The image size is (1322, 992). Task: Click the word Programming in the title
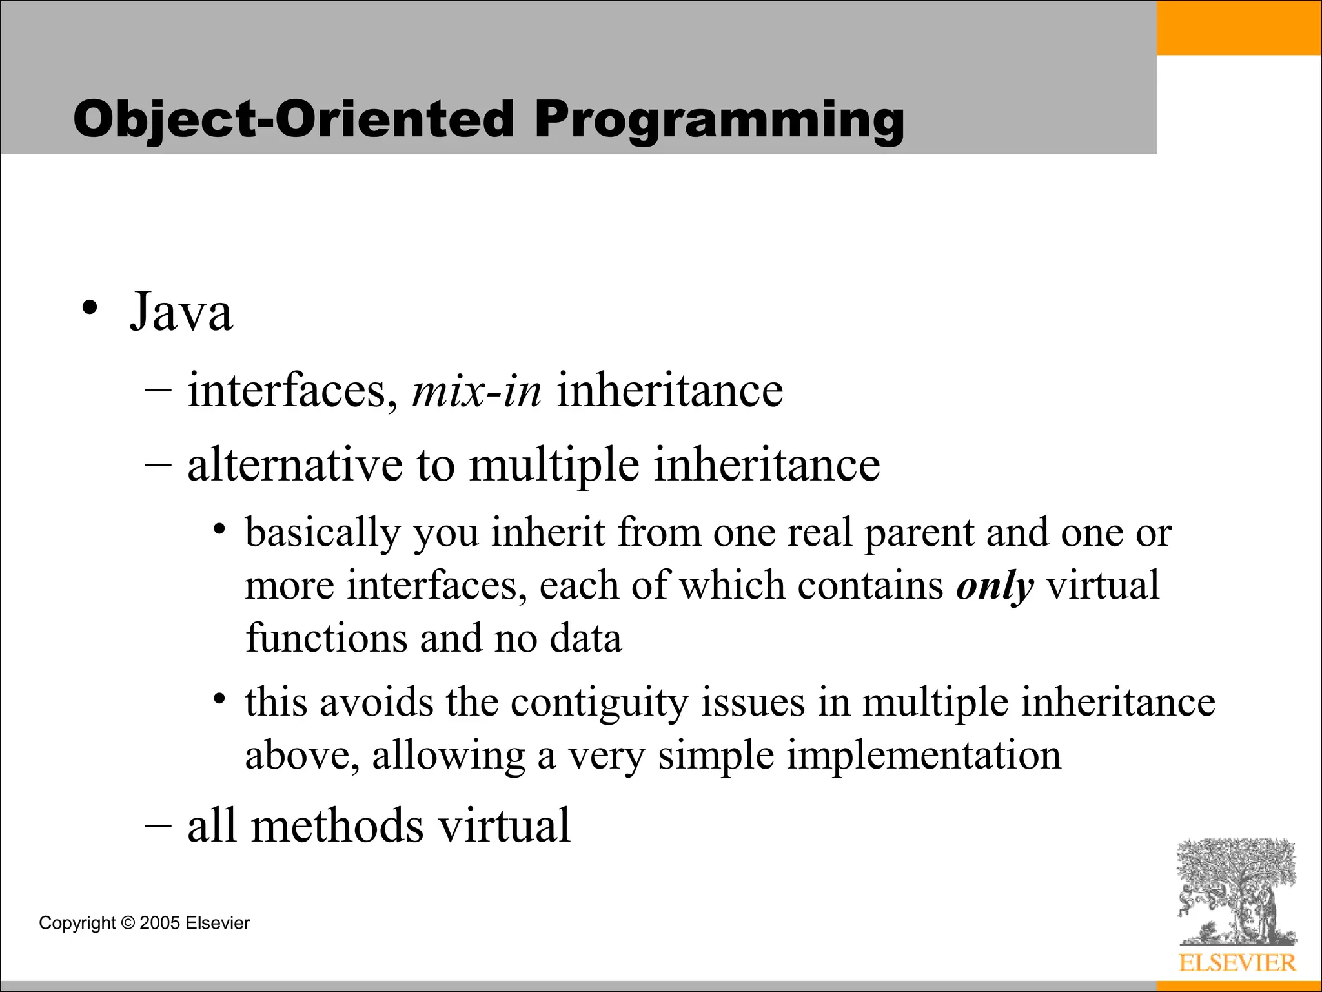[719, 121]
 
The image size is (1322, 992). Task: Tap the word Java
[181, 313]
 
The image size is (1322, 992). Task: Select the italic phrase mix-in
[476, 391]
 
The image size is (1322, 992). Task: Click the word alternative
[294, 464]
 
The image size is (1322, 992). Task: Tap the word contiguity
[600, 703]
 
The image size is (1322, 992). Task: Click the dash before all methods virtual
[158, 826]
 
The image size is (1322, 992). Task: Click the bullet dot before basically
[220, 530]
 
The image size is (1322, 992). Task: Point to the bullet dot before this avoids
[220, 699]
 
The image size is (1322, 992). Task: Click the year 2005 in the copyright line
[159, 923]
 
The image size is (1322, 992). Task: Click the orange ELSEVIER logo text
[1237, 963]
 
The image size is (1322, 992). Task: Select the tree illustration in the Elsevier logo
[1237, 891]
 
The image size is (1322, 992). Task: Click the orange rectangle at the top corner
[1239, 27]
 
